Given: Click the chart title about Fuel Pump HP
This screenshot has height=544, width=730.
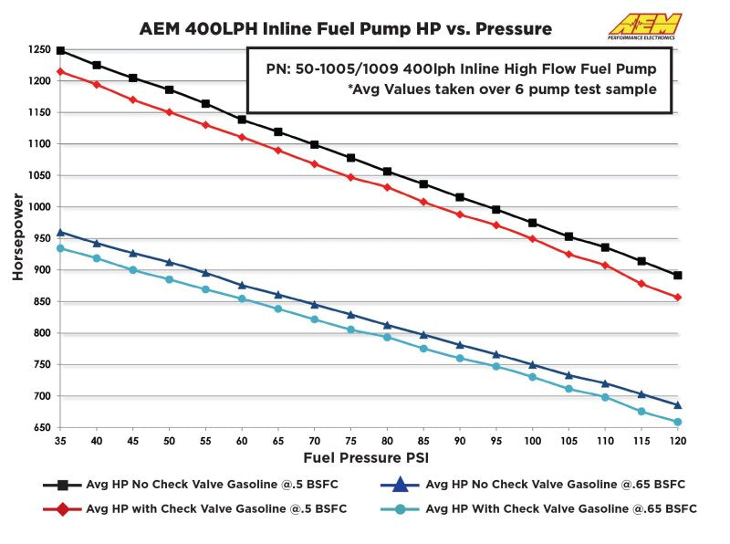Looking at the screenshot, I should [x=346, y=28].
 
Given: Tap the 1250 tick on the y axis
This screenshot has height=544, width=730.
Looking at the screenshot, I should [x=38, y=50].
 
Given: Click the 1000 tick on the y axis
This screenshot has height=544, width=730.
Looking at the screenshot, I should [x=38, y=207].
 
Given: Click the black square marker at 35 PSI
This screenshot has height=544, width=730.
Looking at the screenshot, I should [x=60, y=51].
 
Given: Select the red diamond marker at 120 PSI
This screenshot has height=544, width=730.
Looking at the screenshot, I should [x=678, y=298].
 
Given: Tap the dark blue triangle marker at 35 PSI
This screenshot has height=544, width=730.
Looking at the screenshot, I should [x=60, y=233].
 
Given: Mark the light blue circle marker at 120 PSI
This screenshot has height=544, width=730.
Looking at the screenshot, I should [x=678, y=423].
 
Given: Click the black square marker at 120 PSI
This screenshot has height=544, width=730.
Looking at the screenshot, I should [x=678, y=276].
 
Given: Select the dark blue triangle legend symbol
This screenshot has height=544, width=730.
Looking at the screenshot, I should [x=400, y=485].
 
